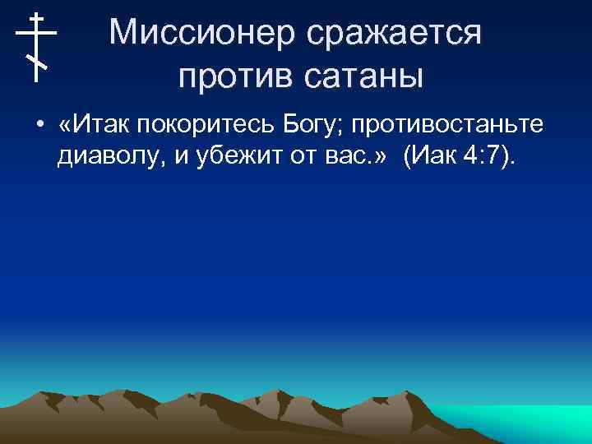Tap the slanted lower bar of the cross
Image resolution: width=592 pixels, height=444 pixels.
click(x=36, y=61)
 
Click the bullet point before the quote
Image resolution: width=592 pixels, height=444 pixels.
click(x=39, y=125)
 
